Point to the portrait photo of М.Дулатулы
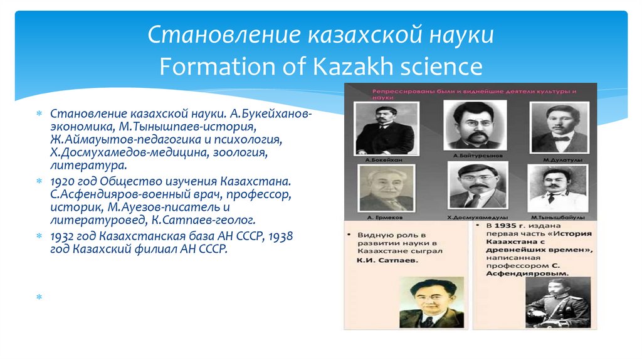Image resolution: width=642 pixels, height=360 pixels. click(556, 128)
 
